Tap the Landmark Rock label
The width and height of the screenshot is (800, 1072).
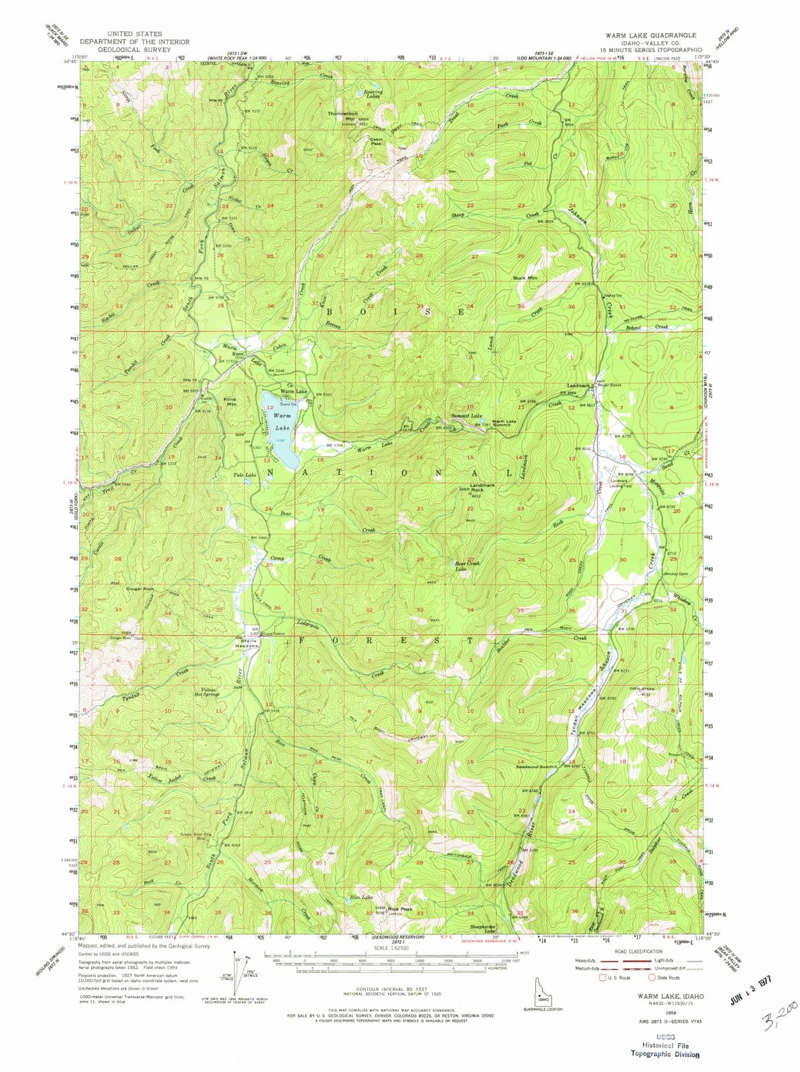click(482, 488)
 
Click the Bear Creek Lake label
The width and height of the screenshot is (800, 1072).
click(468, 566)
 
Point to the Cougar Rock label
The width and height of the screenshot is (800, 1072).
click(139, 589)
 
